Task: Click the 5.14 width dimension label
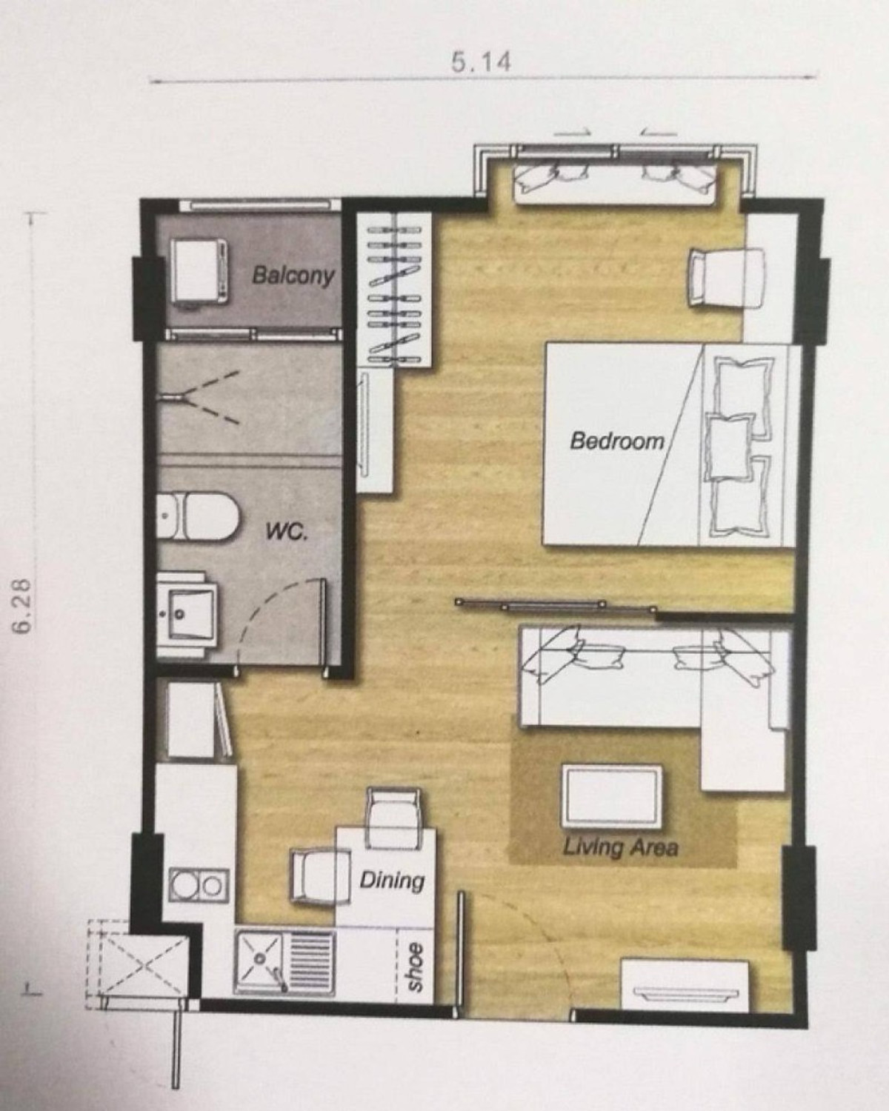click(x=481, y=61)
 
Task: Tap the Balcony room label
click(x=293, y=276)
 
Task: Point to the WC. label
click(x=287, y=532)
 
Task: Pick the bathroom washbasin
click(x=187, y=614)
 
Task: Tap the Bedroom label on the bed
click(x=617, y=441)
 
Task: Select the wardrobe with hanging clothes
click(x=394, y=289)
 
